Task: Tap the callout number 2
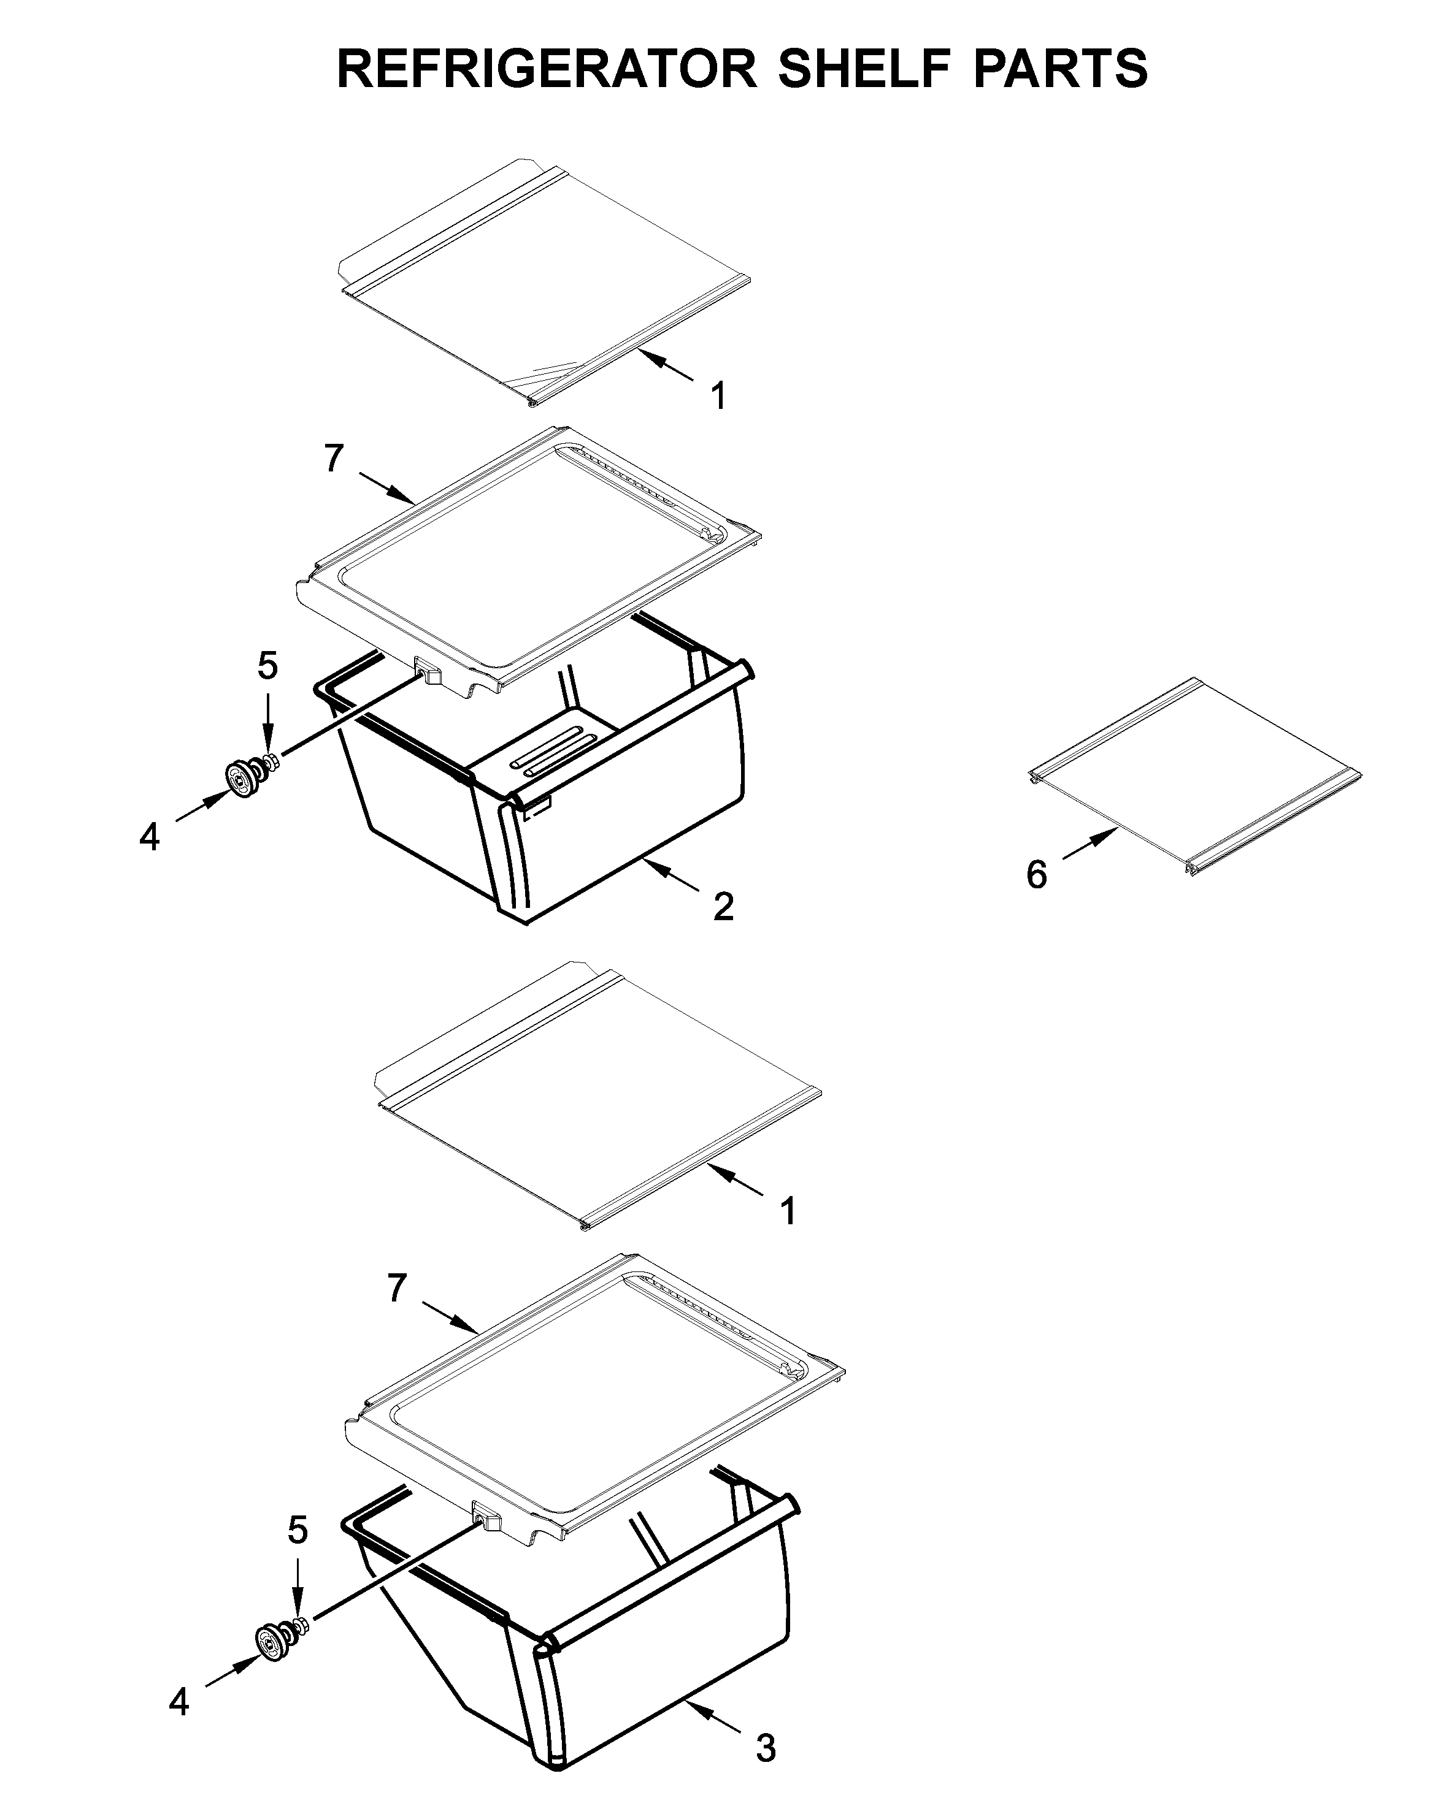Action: [x=723, y=906]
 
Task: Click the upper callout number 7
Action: [x=334, y=459]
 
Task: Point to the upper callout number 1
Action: [x=718, y=396]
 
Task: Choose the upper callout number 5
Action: [x=267, y=666]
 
